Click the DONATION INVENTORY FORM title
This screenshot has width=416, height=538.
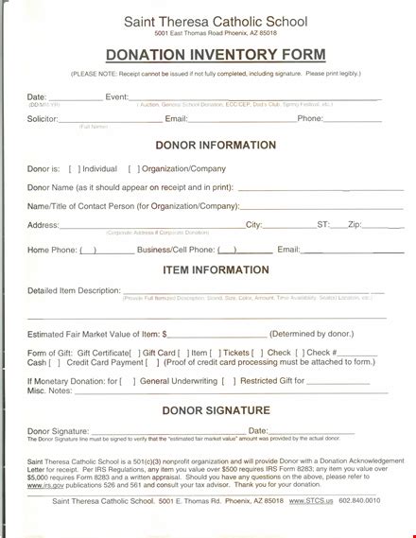[207, 54]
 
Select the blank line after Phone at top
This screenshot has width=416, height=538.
[354, 119]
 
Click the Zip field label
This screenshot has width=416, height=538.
[354, 224]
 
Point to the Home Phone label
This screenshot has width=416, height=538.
[51, 250]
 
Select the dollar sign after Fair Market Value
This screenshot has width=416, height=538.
[165, 334]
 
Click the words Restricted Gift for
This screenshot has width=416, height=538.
[272, 380]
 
